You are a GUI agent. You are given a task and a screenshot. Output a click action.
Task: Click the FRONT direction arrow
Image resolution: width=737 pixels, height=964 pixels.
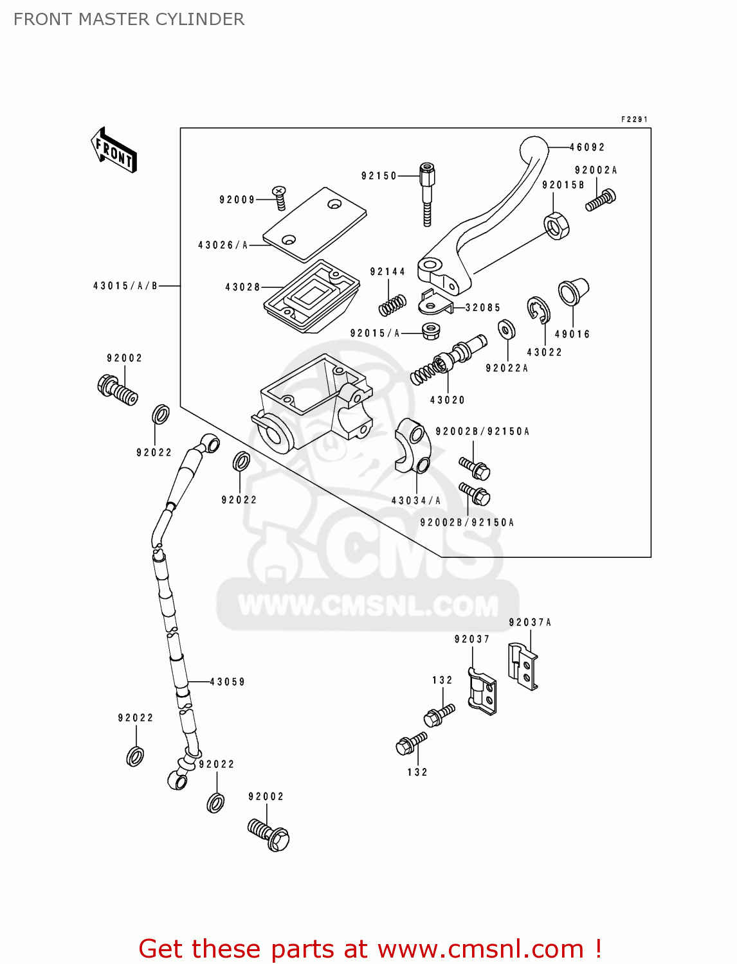(x=114, y=150)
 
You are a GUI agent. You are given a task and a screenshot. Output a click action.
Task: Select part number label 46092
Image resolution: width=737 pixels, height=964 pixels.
(x=587, y=147)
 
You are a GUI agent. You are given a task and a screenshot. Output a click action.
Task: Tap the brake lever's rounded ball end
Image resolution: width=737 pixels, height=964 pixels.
(x=534, y=151)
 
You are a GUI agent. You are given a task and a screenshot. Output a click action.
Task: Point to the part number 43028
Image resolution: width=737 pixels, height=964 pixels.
(x=242, y=287)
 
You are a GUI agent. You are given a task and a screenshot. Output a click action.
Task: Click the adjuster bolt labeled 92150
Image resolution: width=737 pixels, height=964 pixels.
(x=426, y=193)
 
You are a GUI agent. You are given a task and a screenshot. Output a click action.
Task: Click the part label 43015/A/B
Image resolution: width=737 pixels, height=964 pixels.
(x=125, y=286)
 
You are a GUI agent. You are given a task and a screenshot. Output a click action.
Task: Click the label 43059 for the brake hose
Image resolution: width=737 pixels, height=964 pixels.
(x=228, y=682)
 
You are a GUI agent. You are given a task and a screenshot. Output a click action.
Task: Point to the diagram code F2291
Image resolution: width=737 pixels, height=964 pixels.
(x=634, y=120)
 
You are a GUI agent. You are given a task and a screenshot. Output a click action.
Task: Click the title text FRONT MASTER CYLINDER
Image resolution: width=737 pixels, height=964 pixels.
(x=129, y=19)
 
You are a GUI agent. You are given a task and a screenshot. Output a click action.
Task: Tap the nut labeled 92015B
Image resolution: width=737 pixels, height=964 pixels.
(x=556, y=226)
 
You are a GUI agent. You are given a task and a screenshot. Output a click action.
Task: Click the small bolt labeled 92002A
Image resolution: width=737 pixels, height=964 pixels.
(x=601, y=200)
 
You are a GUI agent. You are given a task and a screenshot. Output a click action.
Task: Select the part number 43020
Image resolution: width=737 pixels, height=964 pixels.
(x=447, y=400)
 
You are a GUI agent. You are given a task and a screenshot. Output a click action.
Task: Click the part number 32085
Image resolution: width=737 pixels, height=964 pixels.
(x=482, y=308)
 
